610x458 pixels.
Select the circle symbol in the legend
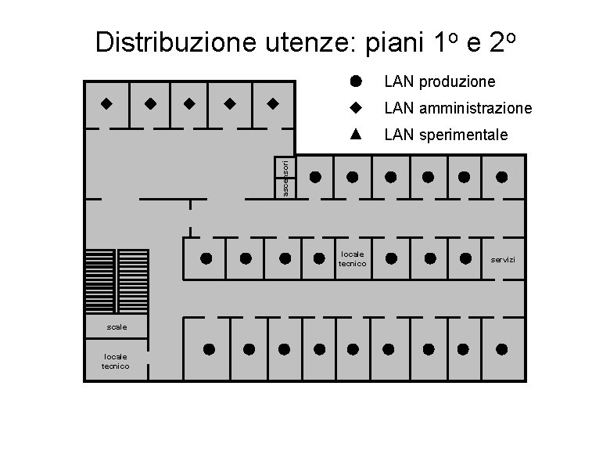[x=355, y=81]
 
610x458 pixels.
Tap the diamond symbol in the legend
[x=355, y=107]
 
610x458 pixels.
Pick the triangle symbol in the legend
[x=355, y=134]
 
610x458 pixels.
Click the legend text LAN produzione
[x=440, y=81]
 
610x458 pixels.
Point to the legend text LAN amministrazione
[x=457, y=108]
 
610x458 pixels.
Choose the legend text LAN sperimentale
[x=446, y=135]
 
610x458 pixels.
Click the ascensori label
[x=285, y=178]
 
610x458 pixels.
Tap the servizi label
[x=503, y=259]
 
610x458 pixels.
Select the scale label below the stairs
[x=116, y=326]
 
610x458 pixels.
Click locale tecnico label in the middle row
[x=352, y=258]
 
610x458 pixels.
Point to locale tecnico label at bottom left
[x=116, y=361]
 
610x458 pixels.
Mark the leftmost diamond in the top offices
[x=106, y=103]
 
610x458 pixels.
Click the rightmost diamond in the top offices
[x=272, y=103]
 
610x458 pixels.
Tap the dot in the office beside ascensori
[x=315, y=177]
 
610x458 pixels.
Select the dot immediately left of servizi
[x=466, y=258]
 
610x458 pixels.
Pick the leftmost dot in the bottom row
[x=210, y=349]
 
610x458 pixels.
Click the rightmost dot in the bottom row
[x=501, y=349]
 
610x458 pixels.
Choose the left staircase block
[x=100, y=281]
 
